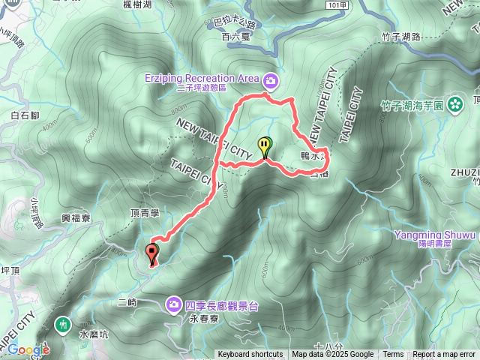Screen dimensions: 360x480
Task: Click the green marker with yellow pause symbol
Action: click(x=264, y=145)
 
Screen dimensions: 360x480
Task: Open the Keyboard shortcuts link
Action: click(x=250, y=355)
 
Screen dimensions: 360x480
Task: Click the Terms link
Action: click(x=393, y=355)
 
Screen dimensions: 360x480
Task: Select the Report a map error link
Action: click(x=444, y=355)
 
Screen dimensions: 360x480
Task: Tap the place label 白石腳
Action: click(x=25, y=115)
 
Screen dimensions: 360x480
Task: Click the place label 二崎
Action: click(x=127, y=302)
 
